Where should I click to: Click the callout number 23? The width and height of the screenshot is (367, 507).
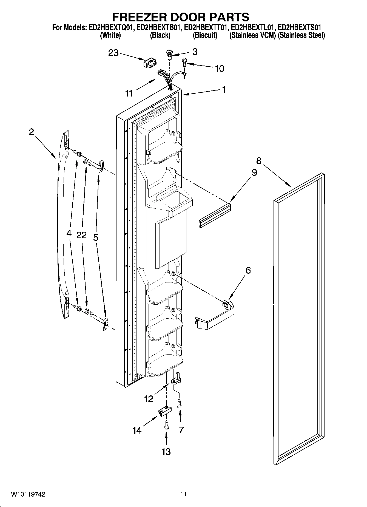[113, 53]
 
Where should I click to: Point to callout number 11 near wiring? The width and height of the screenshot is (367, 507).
[129, 93]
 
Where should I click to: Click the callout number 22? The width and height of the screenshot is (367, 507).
[81, 235]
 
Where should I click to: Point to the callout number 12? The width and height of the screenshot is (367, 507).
[149, 399]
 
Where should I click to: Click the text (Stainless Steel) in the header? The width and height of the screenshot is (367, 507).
[301, 35]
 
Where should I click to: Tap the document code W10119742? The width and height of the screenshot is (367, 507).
[28, 494]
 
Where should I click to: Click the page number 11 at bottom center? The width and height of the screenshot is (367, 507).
[183, 494]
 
